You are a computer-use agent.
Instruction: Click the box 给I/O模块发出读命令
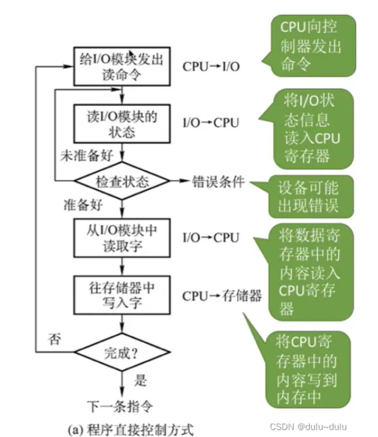[122, 67]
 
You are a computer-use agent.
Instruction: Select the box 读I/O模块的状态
[122, 123]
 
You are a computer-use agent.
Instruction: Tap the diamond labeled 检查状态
[122, 181]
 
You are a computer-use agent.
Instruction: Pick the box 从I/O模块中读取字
[122, 238]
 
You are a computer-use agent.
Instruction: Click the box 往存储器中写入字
[122, 295]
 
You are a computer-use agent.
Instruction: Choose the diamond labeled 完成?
[122, 352]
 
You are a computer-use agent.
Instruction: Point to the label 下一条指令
[120, 406]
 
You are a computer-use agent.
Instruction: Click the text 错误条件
[218, 182]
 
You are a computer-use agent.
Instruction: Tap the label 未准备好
[87, 155]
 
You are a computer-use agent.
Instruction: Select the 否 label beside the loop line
[55, 339]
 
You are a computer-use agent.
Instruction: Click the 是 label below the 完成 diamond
[140, 380]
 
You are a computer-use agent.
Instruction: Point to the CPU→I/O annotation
[211, 67]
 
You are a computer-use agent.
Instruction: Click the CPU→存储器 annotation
[222, 296]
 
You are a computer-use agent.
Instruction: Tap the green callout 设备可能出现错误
[306, 197]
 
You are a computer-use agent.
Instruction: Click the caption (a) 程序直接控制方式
[131, 429]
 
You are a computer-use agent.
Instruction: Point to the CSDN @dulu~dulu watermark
[309, 427]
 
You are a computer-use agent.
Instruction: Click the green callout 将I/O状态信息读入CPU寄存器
[310, 129]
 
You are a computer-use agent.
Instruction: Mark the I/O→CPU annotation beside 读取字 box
[211, 238]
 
